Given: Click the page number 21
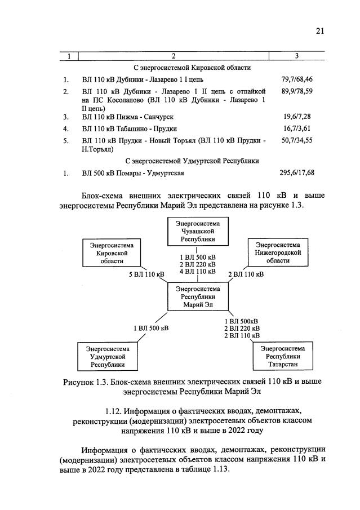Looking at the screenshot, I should pyautogui.click(x=320, y=32).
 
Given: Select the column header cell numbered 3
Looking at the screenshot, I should pyautogui.click(x=296, y=55).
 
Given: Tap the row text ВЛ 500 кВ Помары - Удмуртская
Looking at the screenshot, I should pyautogui.click(x=133, y=173).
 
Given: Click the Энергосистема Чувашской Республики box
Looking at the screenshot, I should pyautogui.click(x=198, y=232).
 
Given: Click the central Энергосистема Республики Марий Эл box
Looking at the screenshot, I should pyautogui.click(x=198, y=297).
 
